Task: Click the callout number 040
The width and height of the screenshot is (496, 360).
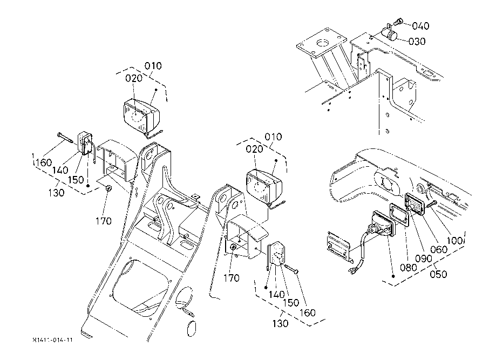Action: click(420, 26)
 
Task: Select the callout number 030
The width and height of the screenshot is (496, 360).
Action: click(417, 42)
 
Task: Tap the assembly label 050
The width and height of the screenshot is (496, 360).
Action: click(438, 274)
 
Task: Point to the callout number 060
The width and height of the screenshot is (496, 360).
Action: click(439, 249)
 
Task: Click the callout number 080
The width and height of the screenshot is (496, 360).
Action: click(409, 268)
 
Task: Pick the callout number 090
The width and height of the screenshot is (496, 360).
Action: click(424, 259)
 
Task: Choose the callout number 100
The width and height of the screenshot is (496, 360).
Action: click(454, 241)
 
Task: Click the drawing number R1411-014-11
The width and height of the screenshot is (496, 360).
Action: click(52, 340)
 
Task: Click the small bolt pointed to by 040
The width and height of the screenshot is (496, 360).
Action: click(398, 22)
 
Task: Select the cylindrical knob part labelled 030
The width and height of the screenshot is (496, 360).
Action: click(389, 33)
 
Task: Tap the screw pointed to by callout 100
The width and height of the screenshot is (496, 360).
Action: click(432, 204)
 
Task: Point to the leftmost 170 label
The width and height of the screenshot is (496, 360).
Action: click(104, 221)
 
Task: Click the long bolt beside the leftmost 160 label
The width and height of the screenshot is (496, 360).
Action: click(66, 138)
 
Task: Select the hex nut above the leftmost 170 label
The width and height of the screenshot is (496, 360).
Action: click(108, 189)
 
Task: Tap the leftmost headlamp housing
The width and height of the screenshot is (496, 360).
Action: click(141, 115)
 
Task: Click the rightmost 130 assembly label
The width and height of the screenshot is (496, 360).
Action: click(281, 323)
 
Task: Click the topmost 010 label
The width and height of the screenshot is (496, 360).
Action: click(153, 66)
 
